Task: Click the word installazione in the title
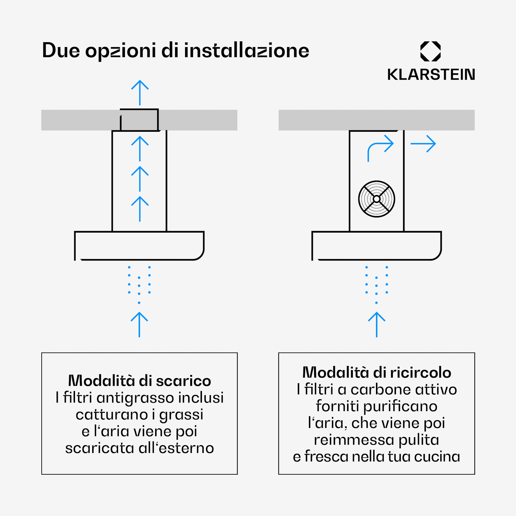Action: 247,51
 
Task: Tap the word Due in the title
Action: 61,51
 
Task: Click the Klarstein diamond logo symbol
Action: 431,51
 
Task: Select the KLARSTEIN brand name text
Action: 431,75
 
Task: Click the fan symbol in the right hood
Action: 377,199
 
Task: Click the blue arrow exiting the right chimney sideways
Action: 423,144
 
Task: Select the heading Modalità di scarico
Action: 140,380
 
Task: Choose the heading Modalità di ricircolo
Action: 377,372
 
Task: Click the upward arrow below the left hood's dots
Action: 139,325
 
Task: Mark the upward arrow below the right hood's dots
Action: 377,325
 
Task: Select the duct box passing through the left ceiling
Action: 139,120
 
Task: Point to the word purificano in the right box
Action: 400,407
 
